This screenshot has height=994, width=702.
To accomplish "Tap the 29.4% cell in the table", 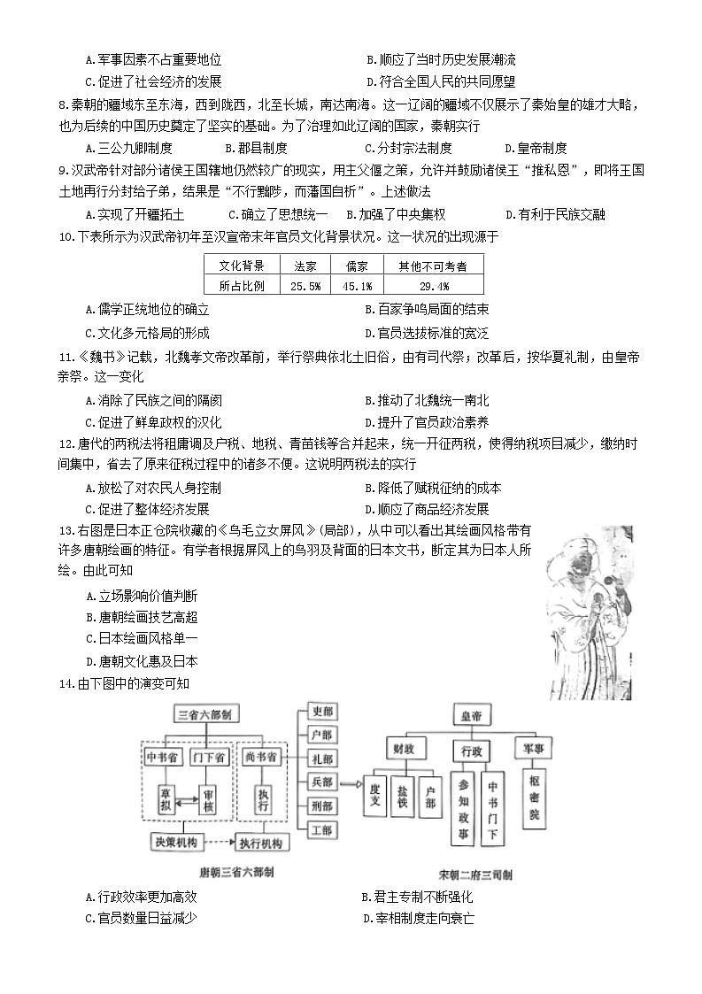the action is click(x=433, y=285).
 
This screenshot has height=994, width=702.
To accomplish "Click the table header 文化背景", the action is click(x=243, y=266).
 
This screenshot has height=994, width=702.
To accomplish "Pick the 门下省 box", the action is click(x=207, y=757).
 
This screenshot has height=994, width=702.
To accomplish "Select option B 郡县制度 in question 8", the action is click(x=256, y=148).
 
